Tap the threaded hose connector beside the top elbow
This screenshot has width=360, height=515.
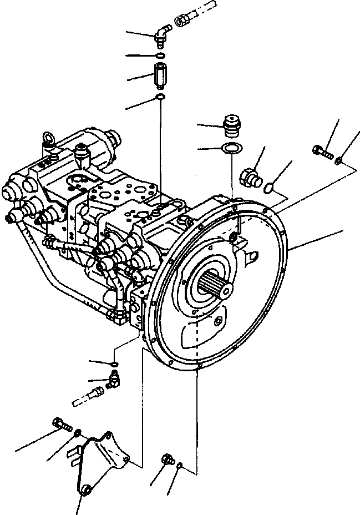click(x=182, y=21)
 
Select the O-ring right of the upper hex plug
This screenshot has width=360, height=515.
click(x=268, y=188)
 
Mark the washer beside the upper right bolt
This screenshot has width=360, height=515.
click(x=338, y=160)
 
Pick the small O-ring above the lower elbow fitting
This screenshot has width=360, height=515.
click(x=113, y=364)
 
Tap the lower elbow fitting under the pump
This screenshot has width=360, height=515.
click(x=114, y=381)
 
